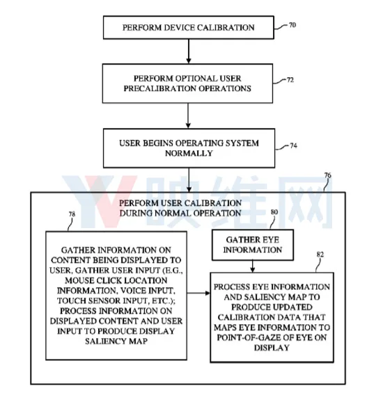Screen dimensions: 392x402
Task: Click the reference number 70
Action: pos(292,25)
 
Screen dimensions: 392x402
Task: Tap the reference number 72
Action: pos(290,80)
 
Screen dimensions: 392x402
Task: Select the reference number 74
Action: pos(293,145)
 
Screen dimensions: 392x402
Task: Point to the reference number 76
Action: pos(327,175)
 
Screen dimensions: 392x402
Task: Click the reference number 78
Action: pos(72,214)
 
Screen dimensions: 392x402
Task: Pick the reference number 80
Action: pos(274,212)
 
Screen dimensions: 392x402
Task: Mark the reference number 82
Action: pos(320,255)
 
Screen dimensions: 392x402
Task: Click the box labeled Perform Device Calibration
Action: pos(189,27)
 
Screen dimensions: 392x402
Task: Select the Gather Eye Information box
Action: pos(253,245)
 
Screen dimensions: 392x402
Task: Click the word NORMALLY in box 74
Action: pos(189,153)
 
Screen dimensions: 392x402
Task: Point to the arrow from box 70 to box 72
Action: pos(189,51)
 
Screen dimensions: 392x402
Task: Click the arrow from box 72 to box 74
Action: pos(188,115)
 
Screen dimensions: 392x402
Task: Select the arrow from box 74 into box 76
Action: pos(189,179)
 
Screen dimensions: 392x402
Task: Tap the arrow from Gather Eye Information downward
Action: pos(253,266)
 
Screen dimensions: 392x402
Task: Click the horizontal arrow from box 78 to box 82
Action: pos(198,293)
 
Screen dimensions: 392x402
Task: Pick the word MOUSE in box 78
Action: pos(79,280)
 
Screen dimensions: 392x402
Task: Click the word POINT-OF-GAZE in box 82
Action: pos(249,337)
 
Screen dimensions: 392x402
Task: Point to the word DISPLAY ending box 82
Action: pos(272,348)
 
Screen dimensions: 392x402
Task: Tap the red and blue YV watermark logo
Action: pos(100,202)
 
